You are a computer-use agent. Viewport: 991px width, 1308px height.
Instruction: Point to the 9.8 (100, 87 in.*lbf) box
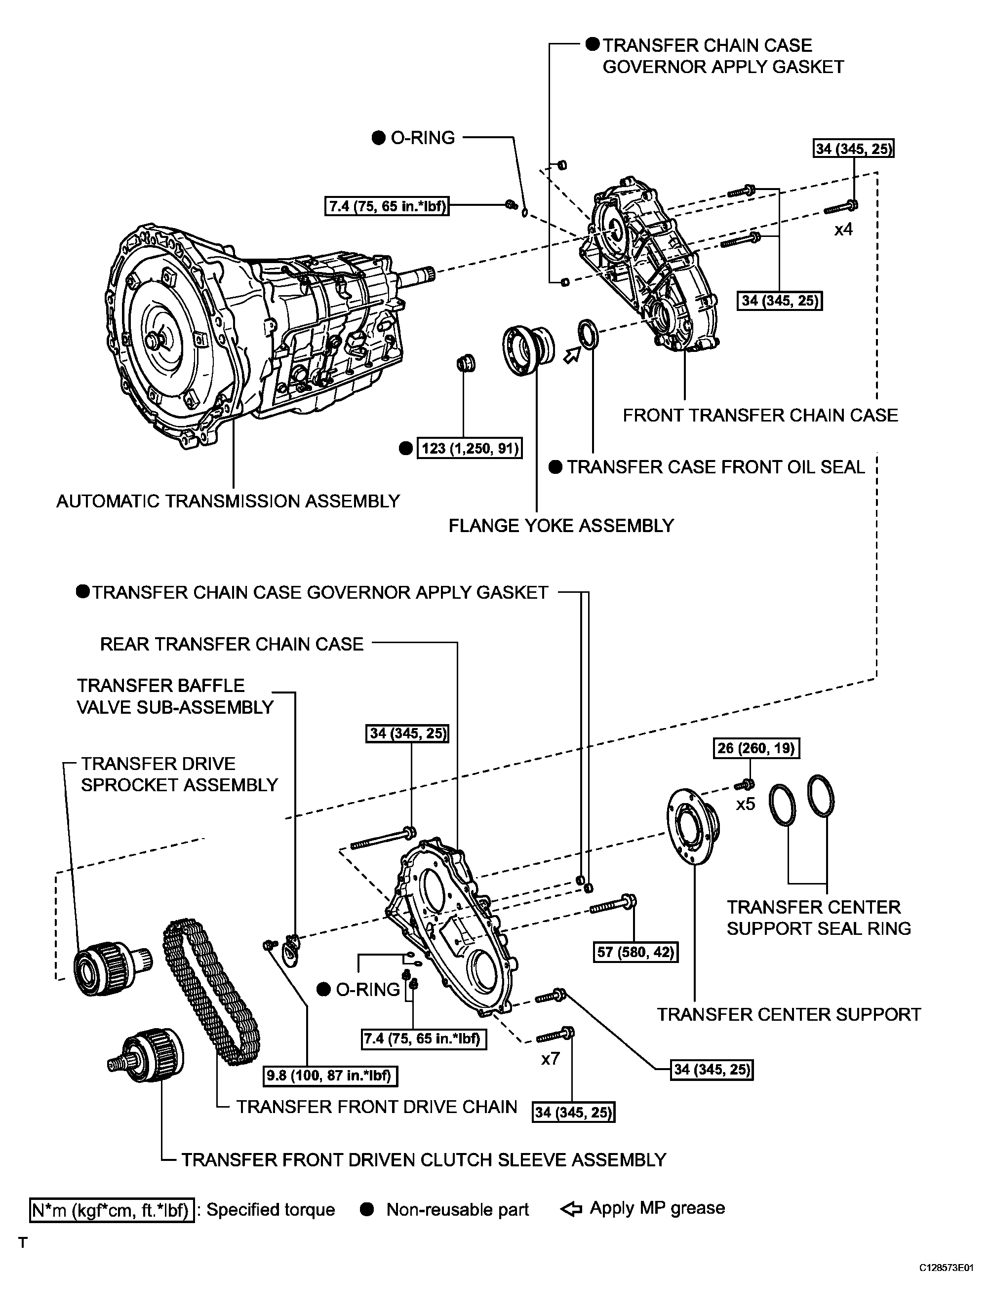[329, 1075]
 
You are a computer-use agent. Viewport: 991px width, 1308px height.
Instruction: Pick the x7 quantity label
[550, 1058]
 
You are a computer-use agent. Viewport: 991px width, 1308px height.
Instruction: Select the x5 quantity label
[746, 804]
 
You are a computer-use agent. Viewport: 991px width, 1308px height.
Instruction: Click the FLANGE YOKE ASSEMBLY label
[561, 526]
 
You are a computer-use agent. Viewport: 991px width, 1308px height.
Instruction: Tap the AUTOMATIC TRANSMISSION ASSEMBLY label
[228, 501]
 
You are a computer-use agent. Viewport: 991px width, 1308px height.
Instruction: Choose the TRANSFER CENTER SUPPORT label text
[789, 1015]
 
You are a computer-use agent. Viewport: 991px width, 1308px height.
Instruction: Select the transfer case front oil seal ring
[588, 334]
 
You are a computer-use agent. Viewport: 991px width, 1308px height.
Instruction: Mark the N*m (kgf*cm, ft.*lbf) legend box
[112, 1210]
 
